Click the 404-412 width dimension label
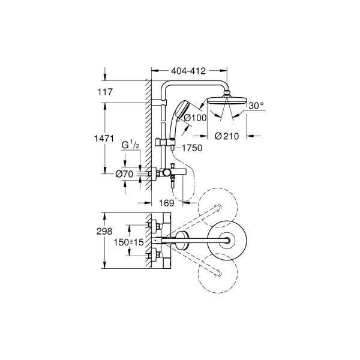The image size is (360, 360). [188, 71]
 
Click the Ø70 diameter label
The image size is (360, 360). [124, 175]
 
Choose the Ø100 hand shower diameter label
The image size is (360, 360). [196, 118]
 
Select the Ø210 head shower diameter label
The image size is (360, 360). [228, 136]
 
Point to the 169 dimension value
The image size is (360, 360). [170, 203]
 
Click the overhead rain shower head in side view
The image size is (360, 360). [229, 100]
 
